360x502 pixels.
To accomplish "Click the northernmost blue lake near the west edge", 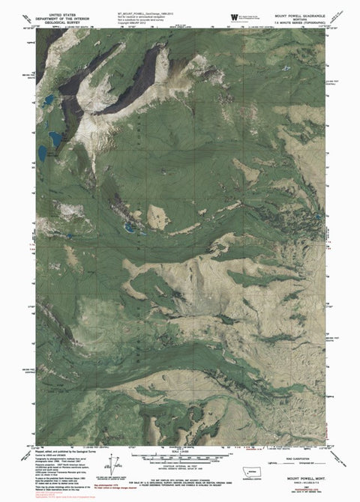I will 47,100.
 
